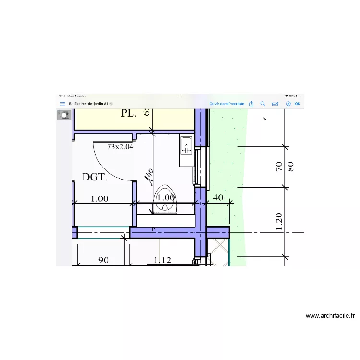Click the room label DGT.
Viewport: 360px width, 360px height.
click(x=94, y=177)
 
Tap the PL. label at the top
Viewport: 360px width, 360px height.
click(x=129, y=114)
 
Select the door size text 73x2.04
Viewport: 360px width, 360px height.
click(x=120, y=147)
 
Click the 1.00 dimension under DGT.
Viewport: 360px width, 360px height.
click(x=99, y=198)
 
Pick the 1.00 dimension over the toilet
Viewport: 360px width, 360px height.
click(x=166, y=197)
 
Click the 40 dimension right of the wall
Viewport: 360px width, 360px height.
click(x=218, y=197)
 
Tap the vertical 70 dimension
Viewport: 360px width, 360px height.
click(x=278, y=167)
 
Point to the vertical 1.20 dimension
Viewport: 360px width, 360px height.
click(x=279, y=222)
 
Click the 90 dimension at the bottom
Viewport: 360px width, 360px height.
click(x=103, y=260)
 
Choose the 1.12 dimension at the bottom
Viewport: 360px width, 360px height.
click(x=162, y=260)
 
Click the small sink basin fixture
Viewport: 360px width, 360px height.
click(x=186, y=144)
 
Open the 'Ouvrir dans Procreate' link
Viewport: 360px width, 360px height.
click(x=227, y=104)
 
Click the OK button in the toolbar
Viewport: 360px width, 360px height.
click(x=298, y=104)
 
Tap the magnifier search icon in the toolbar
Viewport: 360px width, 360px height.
click(x=263, y=104)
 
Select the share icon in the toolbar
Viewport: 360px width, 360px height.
click(x=251, y=103)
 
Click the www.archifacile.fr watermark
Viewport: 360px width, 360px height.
click(x=330, y=316)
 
